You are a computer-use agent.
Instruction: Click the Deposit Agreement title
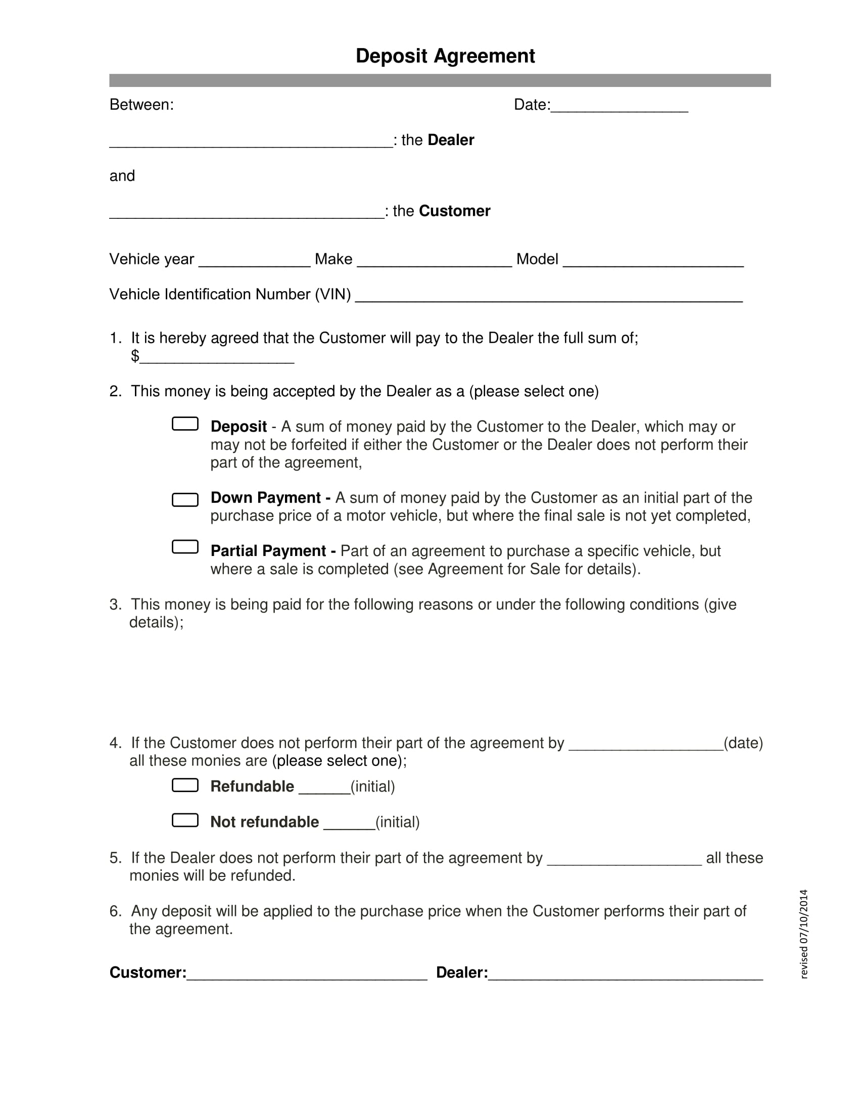pos(445,56)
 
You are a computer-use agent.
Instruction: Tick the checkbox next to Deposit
pos(185,424)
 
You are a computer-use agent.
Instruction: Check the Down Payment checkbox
pos(185,499)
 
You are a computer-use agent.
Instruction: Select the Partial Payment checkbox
pos(185,547)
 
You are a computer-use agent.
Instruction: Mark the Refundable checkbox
pos(185,785)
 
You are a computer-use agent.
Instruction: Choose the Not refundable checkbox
pos(185,820)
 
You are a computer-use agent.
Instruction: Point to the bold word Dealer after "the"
pos(450,140)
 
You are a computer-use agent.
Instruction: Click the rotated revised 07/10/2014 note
pos(803,934)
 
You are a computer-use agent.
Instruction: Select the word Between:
pos(141,105)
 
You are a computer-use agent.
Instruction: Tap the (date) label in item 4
pos(743,744)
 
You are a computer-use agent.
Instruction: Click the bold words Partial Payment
pos(268,551)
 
